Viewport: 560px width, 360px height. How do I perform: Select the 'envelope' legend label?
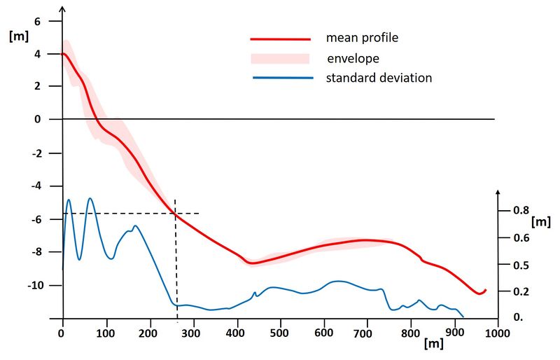[353, 57]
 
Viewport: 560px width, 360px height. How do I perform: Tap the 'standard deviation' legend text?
[379, 78]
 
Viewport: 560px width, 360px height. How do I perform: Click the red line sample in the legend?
[281, 39]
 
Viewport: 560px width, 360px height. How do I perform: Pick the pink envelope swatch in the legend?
[281, 59]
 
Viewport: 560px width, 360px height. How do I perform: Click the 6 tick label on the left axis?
[38, 21]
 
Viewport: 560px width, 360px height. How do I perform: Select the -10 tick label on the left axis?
[33, 286]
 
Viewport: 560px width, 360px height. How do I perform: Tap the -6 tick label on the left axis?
[35, 219]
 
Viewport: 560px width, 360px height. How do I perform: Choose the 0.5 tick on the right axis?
[516, 265]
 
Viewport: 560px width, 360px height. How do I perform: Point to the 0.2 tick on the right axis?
[516, 291]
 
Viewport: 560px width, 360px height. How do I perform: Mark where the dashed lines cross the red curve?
[175, 214]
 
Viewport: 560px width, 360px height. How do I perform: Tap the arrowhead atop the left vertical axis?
[63, 9]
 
